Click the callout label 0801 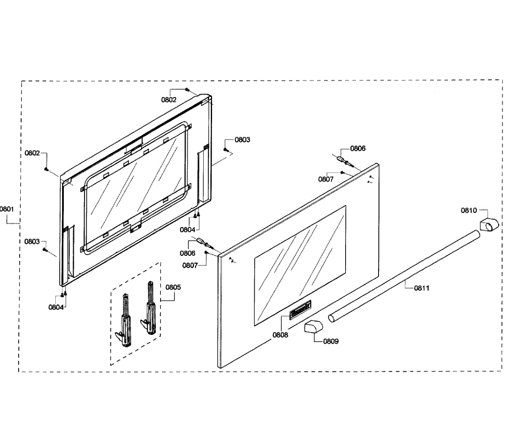7,209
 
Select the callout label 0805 173,287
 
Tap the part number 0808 280,335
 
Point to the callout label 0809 331,341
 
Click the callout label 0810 469,210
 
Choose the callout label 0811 422,288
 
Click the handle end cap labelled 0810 489,224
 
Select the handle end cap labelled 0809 313,327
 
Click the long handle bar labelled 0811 406,275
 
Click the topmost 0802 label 169,100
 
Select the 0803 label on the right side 242,140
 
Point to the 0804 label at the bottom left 56,307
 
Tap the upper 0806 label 358,148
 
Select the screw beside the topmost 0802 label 187,90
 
